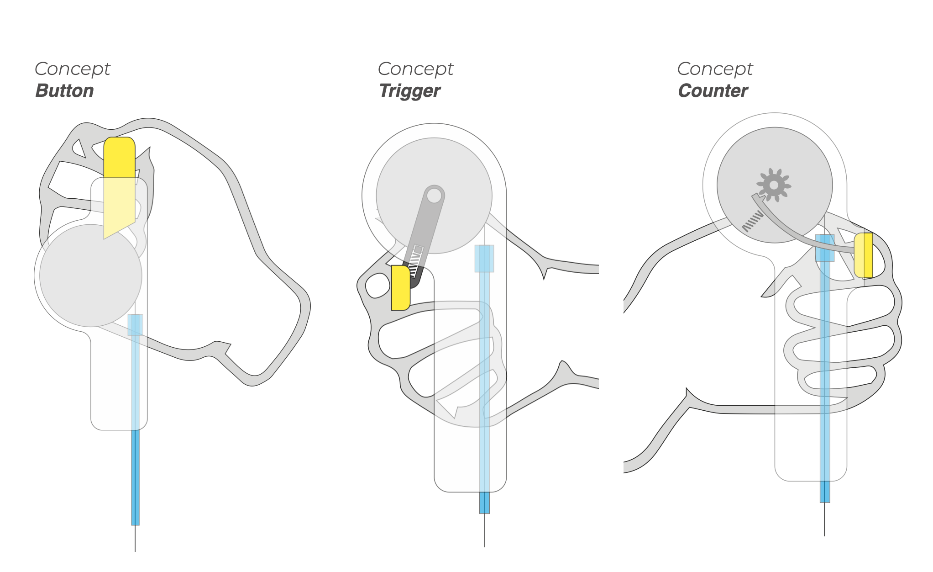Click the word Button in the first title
click(65, 90)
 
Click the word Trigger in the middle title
click(410, 91)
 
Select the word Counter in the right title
click(713, 90)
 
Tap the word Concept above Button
click(73, 69)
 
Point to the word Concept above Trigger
click(416, 69)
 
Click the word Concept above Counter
click(715, 69)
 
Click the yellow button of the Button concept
click(120, 187)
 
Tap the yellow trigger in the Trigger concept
click(400, 288)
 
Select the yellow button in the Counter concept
click(864, 255)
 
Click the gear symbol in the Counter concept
click(774, 185)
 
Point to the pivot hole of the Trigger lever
click(434, 196)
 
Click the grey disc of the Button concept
click(91, 275)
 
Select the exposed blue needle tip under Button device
click(135, 477)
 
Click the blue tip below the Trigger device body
click(484, 503)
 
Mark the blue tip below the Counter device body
click(825, 492)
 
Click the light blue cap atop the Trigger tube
click(484, 259)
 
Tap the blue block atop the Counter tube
click(825, 248)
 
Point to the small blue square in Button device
click(135, 325)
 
